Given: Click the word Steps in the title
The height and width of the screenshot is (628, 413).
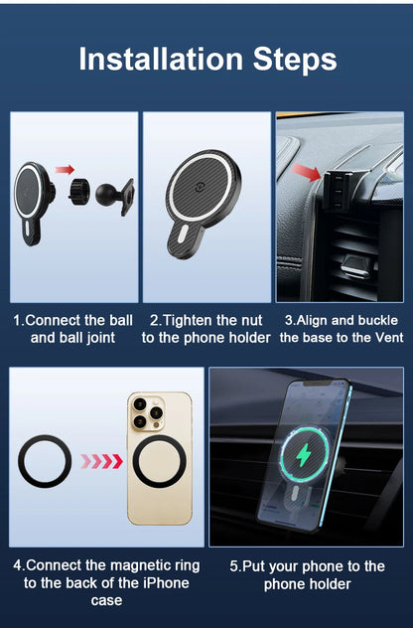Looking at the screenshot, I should (296, 59).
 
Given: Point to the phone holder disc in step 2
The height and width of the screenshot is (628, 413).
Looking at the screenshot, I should (204, 188).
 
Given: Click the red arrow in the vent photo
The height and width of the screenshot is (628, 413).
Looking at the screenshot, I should (308, 175).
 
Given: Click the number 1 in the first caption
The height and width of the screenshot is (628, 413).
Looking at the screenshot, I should (16, 321).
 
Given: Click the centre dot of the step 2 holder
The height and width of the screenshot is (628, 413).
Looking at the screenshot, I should (204, 187).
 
